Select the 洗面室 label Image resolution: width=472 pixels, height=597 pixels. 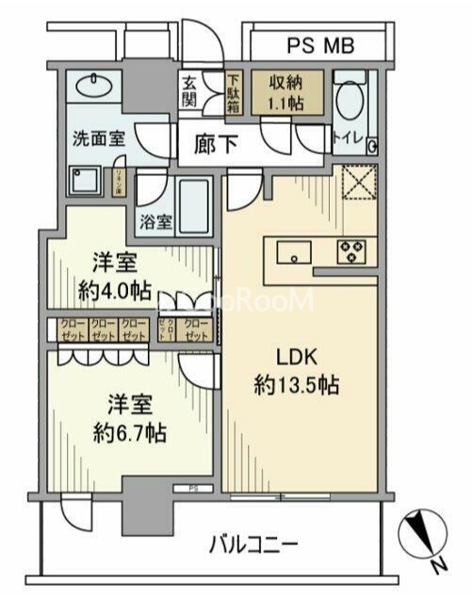[99, 137]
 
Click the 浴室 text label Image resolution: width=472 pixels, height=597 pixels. [156, 222]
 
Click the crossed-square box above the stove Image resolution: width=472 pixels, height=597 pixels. [358, 182]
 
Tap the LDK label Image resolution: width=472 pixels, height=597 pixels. [300, 358]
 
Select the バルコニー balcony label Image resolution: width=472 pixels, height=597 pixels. [252, 543]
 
